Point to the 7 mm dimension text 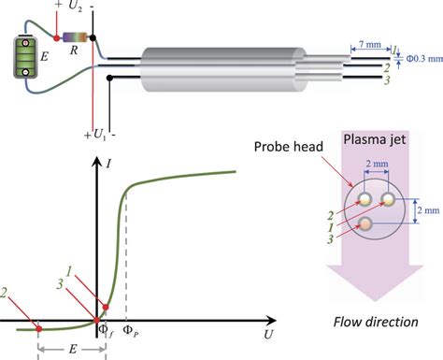tap(366, 44)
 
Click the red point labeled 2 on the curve tap(38, 328)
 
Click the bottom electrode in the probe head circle tap(369, 223)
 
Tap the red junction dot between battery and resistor tap(57, 38)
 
